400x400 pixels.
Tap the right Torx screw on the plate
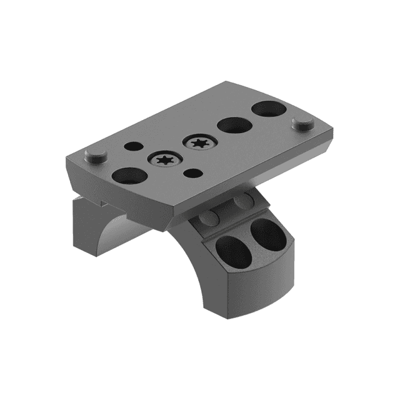(199, 144)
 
